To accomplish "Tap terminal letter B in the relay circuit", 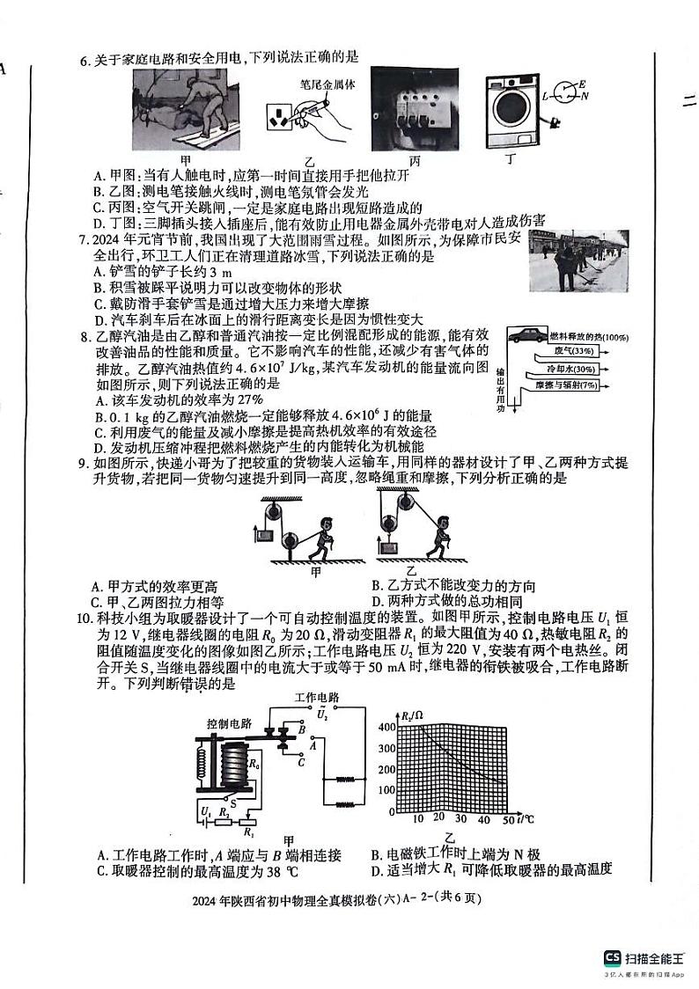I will coord(302,729).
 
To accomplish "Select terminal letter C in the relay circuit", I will coord(301,762).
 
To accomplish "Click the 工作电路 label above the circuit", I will coord(318,696).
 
